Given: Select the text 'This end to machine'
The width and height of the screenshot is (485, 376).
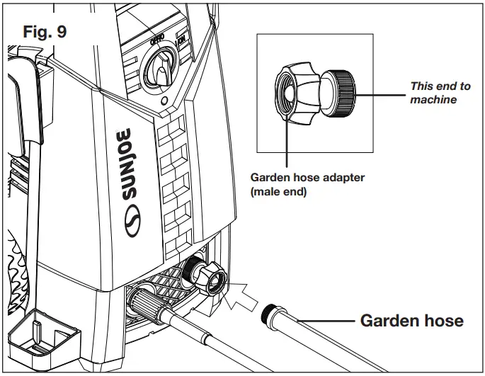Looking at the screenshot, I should [440, 93].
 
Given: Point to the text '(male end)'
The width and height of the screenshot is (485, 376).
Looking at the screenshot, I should [279, 192].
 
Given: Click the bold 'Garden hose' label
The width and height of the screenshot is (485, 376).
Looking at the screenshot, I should [411, 321].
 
